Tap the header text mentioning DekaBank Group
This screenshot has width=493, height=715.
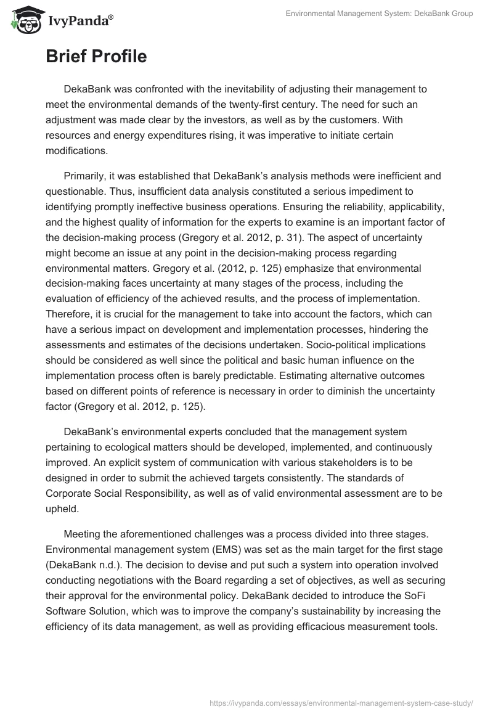pos(380,14)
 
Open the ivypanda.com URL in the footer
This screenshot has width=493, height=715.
pos(341,703)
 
